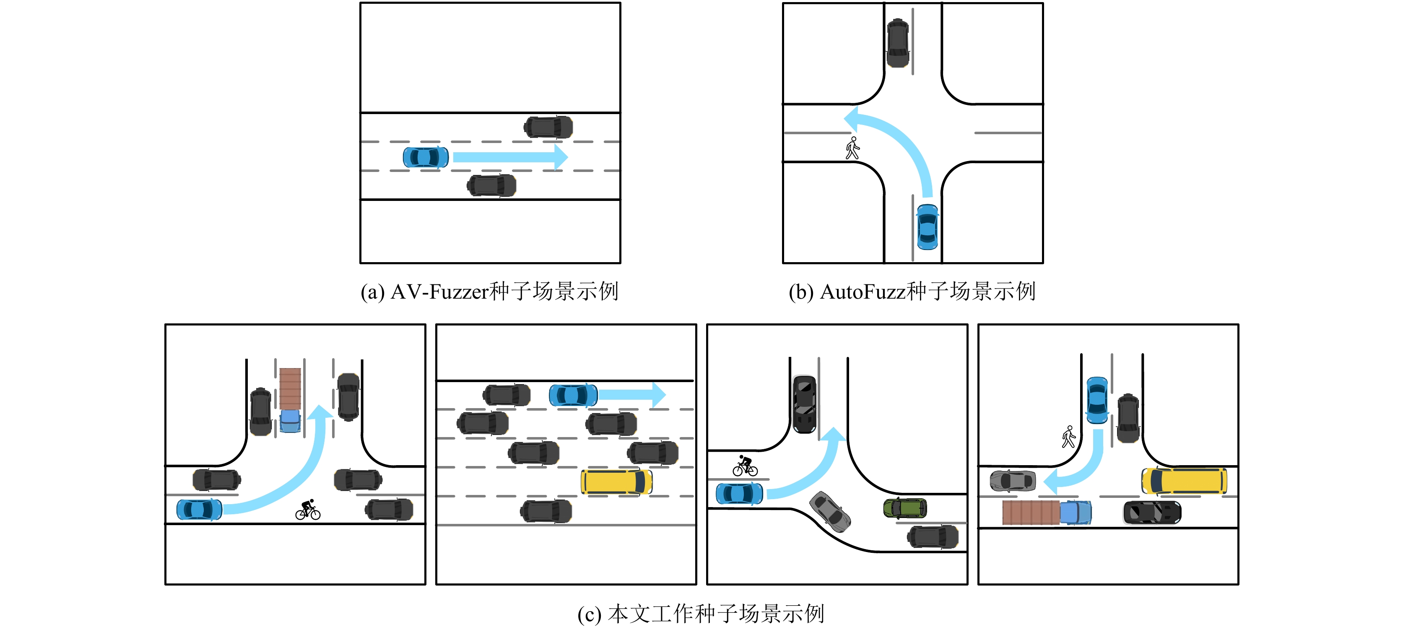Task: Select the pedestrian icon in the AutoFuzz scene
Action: [852, 148]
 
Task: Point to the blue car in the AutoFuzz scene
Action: [927, 227]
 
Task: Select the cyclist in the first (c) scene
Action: [308, 510]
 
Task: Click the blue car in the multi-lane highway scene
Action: [573, 395]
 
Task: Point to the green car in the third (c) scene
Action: [904, 508]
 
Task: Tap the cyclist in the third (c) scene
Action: [745, 466]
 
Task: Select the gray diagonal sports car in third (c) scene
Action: [829, 512]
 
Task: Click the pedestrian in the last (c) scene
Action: [1068, 437]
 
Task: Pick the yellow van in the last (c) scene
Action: [1184, 481]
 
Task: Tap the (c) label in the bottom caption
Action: [589, 614]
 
